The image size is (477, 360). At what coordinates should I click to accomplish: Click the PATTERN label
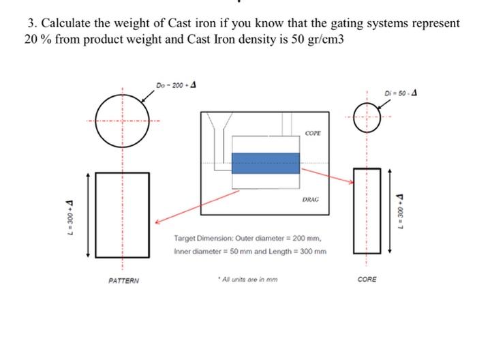click(x=123, y=280)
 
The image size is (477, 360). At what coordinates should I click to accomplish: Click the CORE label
click(x=366, y=280)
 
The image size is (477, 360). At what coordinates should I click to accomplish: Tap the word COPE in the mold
click(x=312, y=134)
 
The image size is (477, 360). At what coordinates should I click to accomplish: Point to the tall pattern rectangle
click(x=123, y=213)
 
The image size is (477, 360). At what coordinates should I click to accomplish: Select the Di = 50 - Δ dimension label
click(x=400, y=92)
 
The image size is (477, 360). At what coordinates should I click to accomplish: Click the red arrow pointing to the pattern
click(x=198, y=205)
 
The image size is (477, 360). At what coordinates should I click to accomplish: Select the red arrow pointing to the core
click(x=327, y=176)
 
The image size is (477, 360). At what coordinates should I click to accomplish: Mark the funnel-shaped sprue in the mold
click(x=220, y=126)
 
